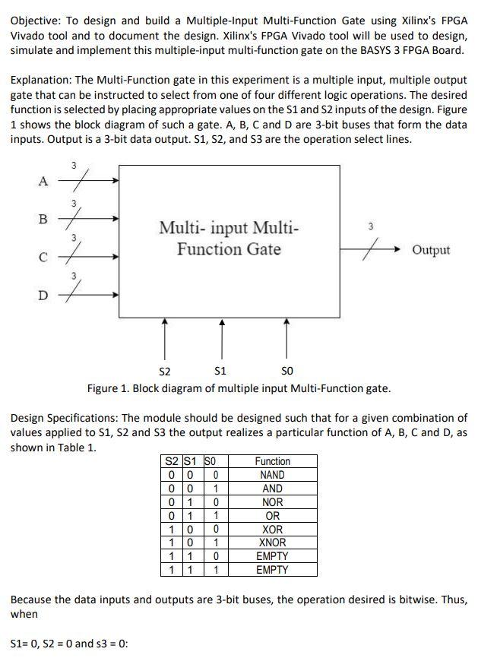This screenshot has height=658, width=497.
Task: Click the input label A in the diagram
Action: click(x=43, y=181)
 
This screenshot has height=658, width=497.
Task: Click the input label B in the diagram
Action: click(x=43, y=219)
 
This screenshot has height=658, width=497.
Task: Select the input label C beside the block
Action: click(x=43, y=257)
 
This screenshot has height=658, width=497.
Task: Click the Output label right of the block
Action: click(x=430, y=250)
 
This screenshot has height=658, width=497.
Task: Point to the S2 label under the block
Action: click(x=164, y=372)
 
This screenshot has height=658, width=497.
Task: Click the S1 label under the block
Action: click(x=220, y=372)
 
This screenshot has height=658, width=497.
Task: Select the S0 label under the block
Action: click(x=286, y=372)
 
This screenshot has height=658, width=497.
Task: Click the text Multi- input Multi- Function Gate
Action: click(x=229, y=238)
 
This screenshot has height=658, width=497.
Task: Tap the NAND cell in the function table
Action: click(x=272, y=475)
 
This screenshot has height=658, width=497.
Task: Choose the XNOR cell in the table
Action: click(x=272, y=543)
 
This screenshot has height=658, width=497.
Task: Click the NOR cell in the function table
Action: click(x=272, y=502)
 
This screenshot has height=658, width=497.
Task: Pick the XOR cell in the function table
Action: click(x=272, y=530)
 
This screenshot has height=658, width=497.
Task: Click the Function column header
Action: click(x=272, y=461)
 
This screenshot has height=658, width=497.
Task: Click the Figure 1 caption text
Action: click(x=239, y=388)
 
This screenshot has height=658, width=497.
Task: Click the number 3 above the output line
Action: click(x=370, y=226)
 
